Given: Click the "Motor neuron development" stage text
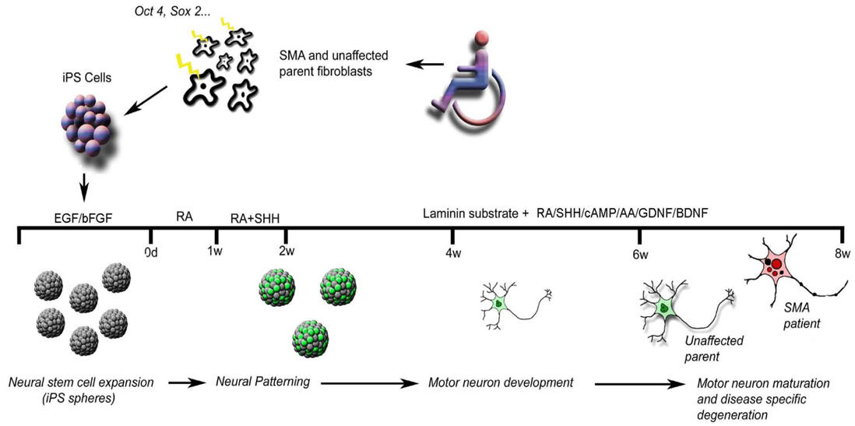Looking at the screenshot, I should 501,382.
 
